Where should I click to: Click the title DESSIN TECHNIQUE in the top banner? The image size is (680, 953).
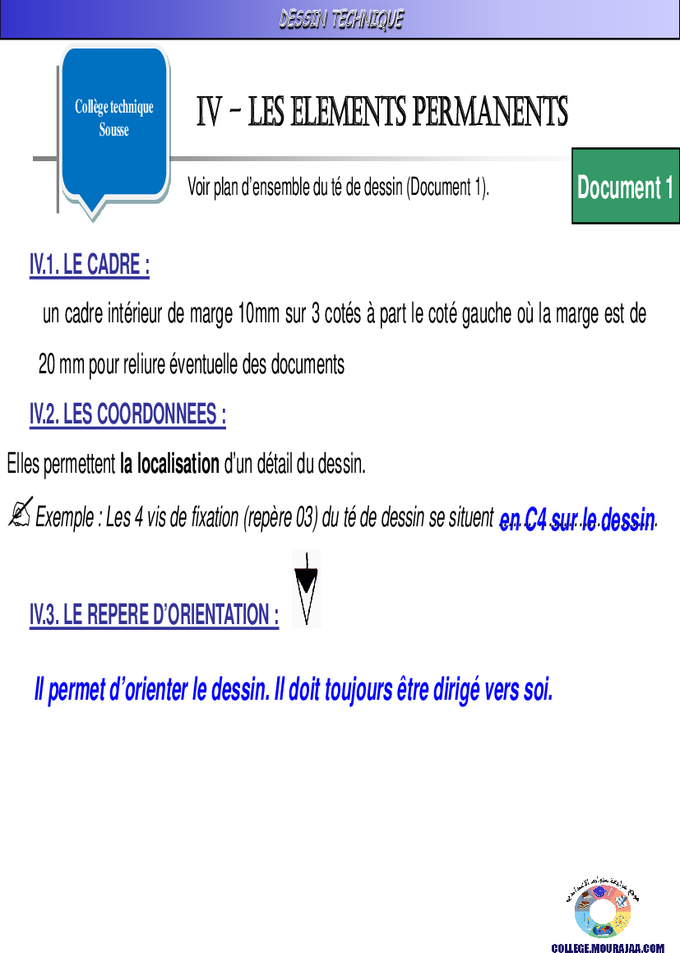point(340,19)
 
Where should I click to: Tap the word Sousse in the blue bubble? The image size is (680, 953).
point(114,130)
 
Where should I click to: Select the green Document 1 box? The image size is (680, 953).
point(625,187)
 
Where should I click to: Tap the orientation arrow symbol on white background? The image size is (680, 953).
point(307,589)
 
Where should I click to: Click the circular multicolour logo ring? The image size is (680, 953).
point(603,911)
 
